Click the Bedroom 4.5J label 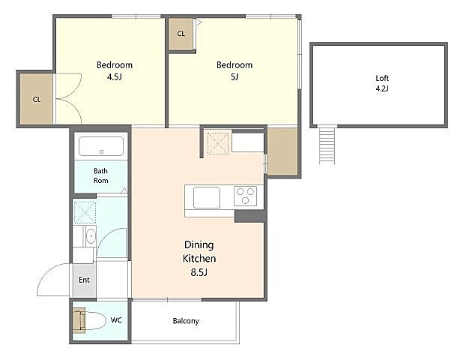[x=115, y=70]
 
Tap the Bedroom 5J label [x=234, y=70]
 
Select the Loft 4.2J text [x=382, y=83]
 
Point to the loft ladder [x=327, y=144]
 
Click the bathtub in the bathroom [x=101, y=146]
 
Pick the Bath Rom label [x=100, y=175]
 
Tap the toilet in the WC [x=89, y=320]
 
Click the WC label [x=116, y=320]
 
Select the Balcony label [x=186, y=321]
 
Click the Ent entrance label [x=84, y=280]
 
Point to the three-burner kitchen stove [x=245, y=196]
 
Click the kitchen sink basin [x=207, y=197]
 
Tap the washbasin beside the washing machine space [x=91, y=236]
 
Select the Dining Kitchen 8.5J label [x=199, y=259]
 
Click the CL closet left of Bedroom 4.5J [x=37, y=99]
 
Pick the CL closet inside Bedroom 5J [x=181, y=34]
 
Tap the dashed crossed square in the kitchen [x=218, y=143]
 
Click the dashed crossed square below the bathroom [x=85, y=212]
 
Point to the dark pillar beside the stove [x=249, y=216]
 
